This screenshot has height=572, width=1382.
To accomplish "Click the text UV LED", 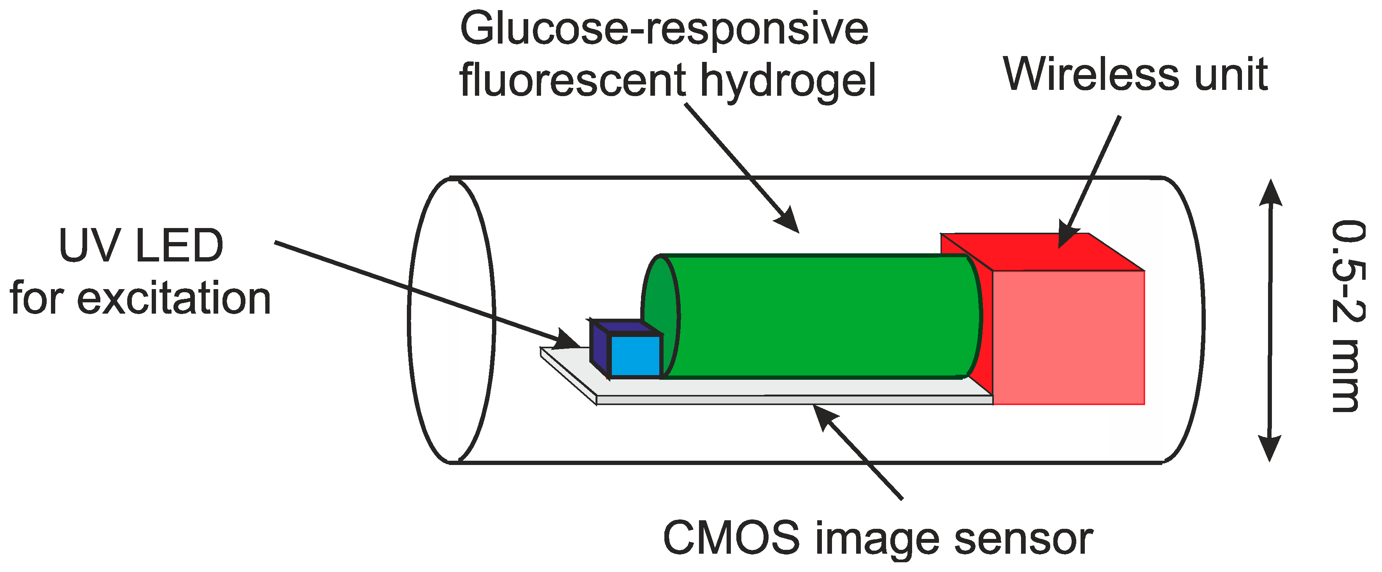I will [140, 246].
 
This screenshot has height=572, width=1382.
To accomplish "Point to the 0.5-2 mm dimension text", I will [1347, 317].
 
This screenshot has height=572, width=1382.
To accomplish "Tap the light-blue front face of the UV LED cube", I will [635, 356].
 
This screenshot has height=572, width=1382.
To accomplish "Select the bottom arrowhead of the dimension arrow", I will [1270, 447].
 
